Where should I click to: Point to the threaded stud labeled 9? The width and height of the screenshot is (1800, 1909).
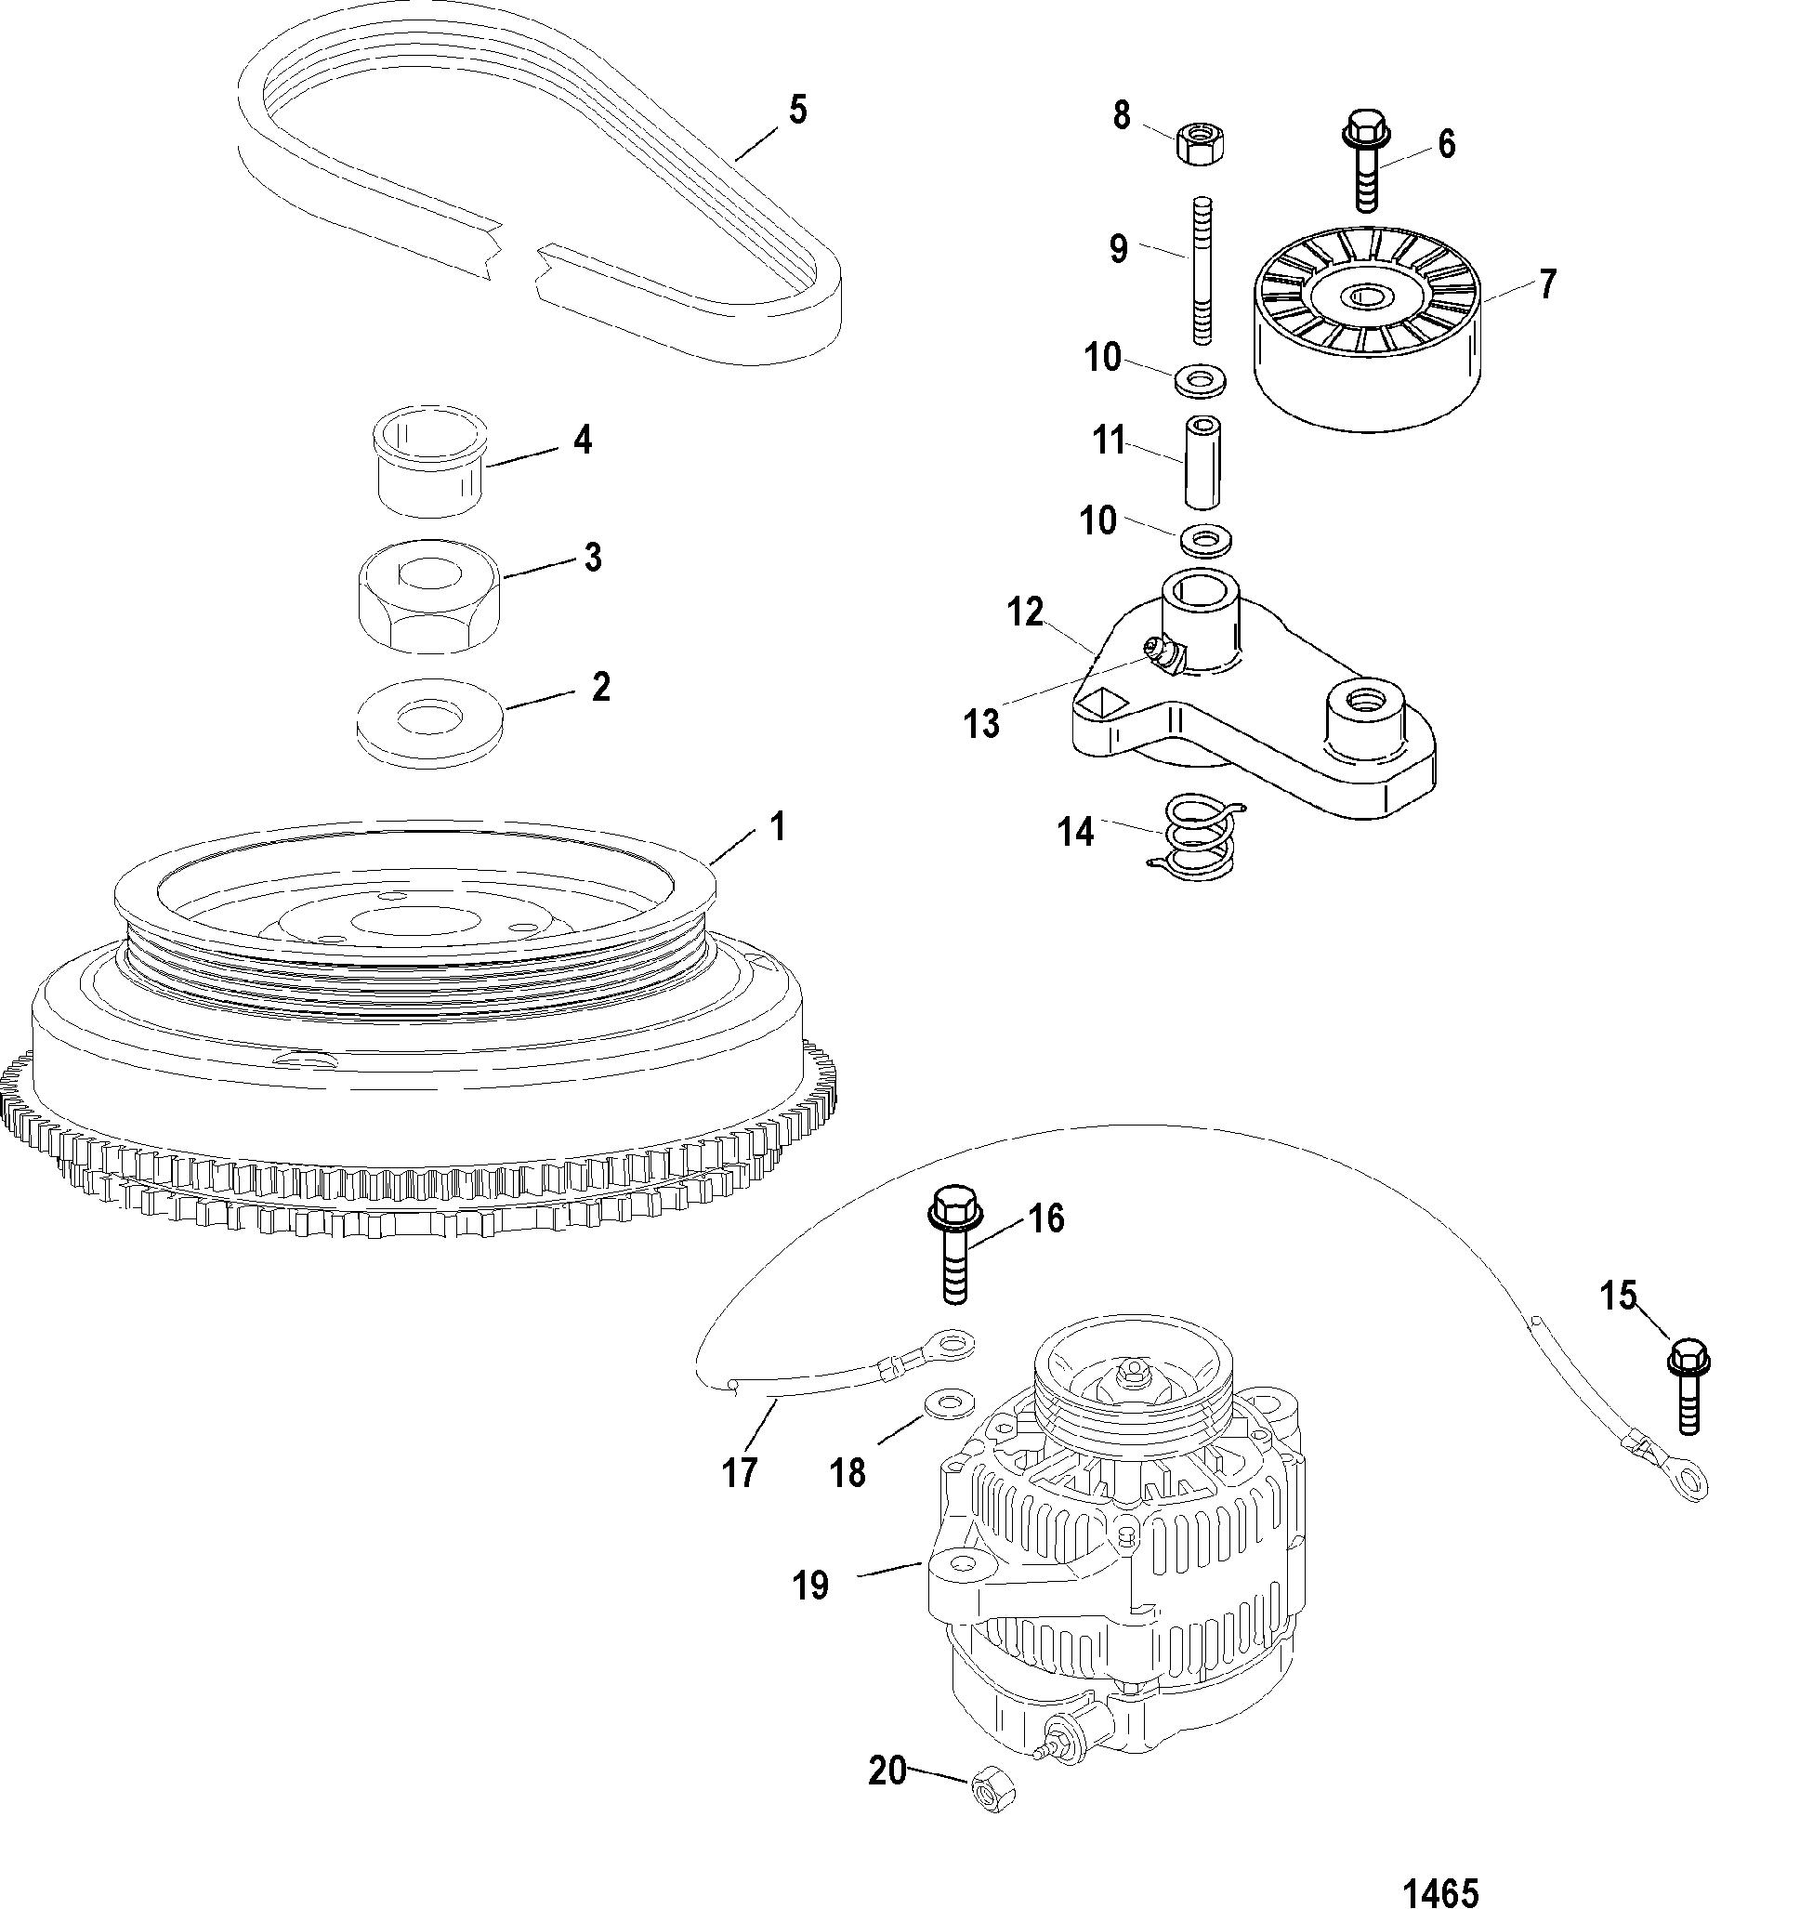(1202, 270)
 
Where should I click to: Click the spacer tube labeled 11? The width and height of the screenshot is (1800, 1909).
(1201, 462)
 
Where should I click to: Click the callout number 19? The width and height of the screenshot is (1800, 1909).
(810, 1585)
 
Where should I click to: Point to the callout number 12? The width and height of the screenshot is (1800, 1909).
(1025, 611)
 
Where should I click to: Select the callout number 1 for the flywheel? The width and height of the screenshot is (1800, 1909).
(779, 826)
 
